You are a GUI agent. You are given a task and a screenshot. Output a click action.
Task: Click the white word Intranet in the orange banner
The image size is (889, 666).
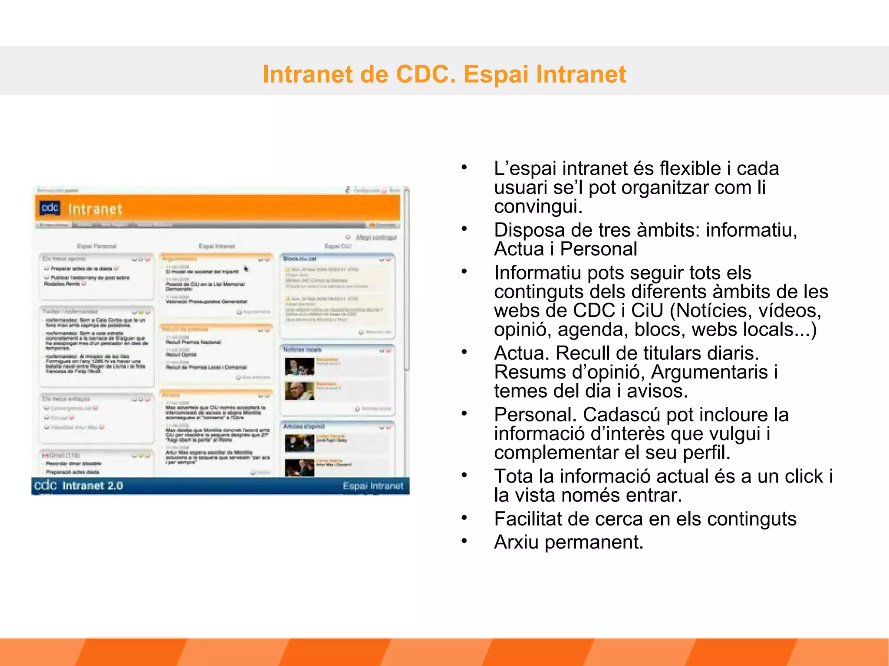click(95, 209)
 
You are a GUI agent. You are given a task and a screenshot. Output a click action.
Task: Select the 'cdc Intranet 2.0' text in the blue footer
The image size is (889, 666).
click(79, 486)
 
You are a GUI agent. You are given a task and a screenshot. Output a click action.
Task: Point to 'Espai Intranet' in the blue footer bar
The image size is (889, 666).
click(373, 486)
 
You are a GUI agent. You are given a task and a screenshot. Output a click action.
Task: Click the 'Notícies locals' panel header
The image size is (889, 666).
click(303, 349)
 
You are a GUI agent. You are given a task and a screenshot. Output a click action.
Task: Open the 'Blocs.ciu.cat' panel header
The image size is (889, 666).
click(300, 259)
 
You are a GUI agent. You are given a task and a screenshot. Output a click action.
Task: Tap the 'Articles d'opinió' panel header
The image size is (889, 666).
click(304, 427)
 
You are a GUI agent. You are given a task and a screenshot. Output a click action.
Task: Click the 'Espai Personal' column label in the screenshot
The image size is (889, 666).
click(97, 246)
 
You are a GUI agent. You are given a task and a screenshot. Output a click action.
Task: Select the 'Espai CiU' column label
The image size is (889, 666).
click(338, 246)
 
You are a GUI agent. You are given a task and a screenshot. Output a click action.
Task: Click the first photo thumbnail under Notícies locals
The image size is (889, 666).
click(299, 366)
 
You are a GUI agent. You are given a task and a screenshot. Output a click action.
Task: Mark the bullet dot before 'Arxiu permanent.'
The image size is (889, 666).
click(464, 541)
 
